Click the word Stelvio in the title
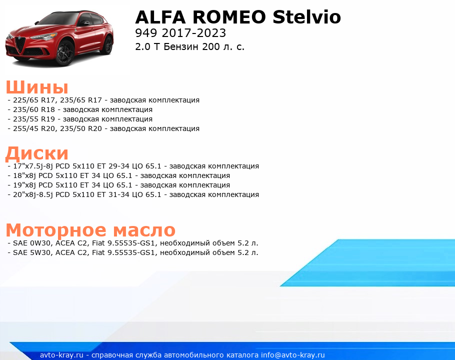pos(306,17)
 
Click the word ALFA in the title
pos(160,17)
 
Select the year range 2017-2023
pos(194,33)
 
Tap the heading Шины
pos(37,86)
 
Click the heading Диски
pos(37,153)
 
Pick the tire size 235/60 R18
pos(34,109)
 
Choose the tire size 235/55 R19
pos(34,119)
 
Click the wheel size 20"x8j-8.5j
pos(33,194)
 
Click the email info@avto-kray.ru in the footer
pos(293,355)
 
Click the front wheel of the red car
pos(65,52)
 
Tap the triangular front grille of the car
pos(20,44)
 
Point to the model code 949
pos(146,33)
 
